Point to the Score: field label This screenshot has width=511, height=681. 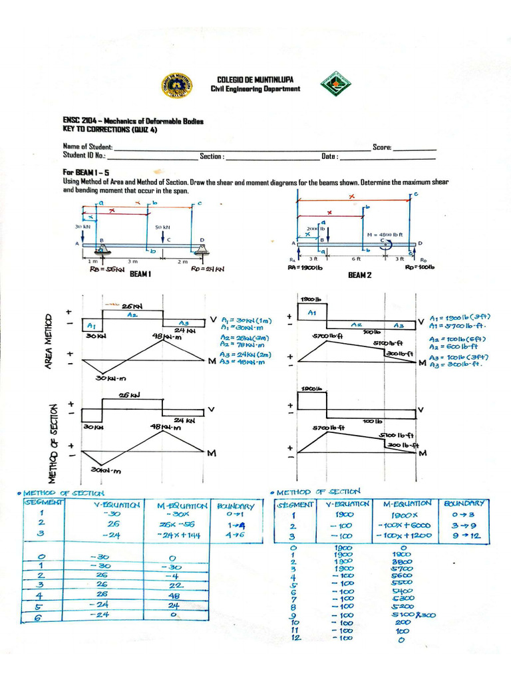click(x=382, y=147)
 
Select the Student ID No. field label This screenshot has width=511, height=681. click(x=84, y=156)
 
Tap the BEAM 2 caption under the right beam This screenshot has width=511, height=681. click(x=360, y=275)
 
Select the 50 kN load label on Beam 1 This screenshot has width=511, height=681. click(x=163, y=227)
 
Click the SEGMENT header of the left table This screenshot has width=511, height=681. click(x=44, y=502)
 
